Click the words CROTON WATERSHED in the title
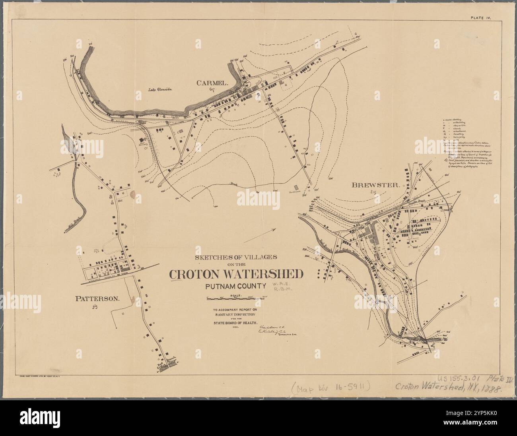point(236,274)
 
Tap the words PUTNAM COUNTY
point(235,286)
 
